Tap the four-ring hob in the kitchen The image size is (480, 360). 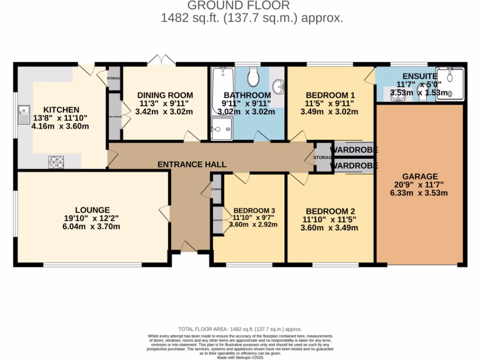coord(56,162)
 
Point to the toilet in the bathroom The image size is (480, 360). coord(253,77)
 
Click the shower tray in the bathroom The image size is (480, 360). coord(221,129)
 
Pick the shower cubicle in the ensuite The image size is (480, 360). coord(453,84)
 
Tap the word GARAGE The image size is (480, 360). coord(419,176)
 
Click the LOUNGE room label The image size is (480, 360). coord(92,210)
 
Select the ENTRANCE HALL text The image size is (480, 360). coord(192,165)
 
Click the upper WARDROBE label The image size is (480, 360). coord(354,150)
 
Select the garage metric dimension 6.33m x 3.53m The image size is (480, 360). coord(419,193)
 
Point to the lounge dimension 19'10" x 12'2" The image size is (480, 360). coord(92,218)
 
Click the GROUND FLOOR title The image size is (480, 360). coord(239,6)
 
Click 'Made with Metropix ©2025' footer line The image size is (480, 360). coord(240,357)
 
